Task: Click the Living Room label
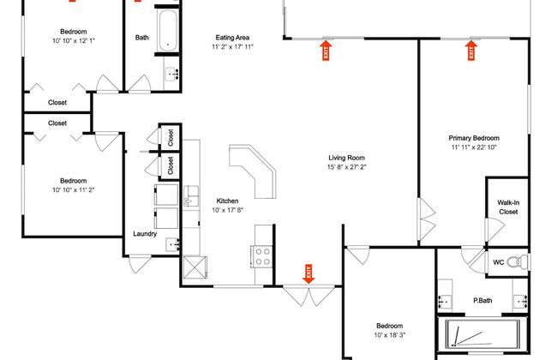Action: tap(347, 158)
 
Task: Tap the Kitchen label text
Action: tap(226, 201)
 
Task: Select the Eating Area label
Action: tap(232, 37)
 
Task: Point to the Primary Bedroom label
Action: tap(474, 137)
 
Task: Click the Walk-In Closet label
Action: tap(507, 207)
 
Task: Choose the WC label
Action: tap(498, 261)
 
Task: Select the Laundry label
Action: tap(145, 233)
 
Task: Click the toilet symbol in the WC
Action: tap(514, 261)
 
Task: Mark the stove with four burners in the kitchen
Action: tap(261, 254)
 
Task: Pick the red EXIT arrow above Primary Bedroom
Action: tap(470, 51)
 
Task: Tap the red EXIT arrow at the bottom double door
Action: tap(308, 273)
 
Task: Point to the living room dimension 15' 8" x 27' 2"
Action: tap(347, 168)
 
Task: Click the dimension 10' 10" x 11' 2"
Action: tap(73, 191)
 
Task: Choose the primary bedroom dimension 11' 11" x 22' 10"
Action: tap(474, 147)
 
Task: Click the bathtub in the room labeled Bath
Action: tap(168, 30)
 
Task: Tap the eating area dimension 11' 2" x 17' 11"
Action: tap(232, 47)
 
